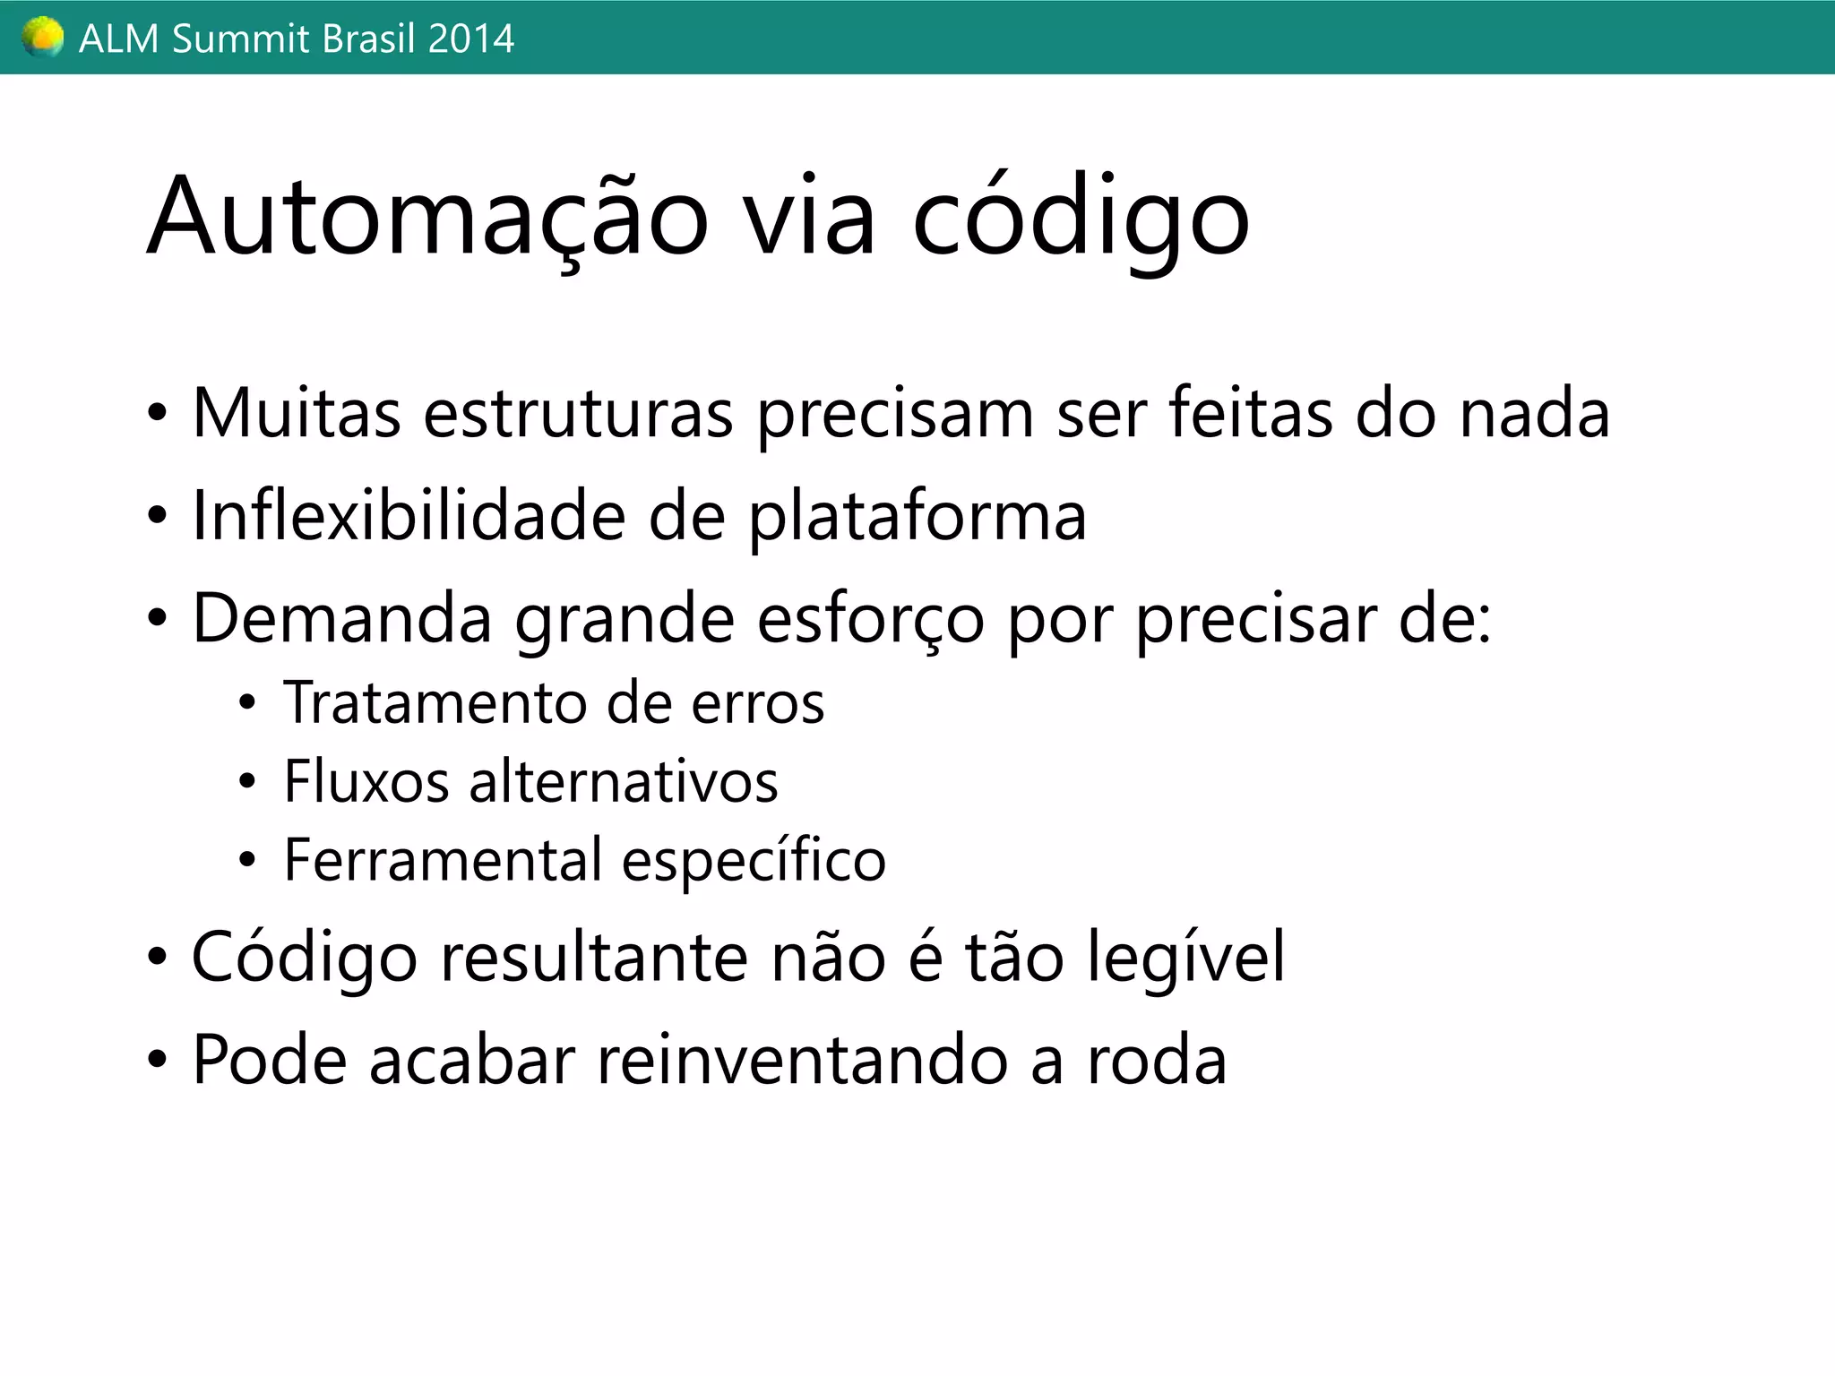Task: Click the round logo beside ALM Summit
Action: point(43,38)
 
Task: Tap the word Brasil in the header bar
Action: point(359,39)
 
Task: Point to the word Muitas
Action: point(297,413)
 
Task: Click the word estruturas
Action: point(578,415)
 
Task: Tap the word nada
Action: point(1534,413)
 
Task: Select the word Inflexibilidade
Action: point(409,516)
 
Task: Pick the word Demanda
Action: point(342,618)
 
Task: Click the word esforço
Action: point(870,620)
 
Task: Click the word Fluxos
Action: point(366,781)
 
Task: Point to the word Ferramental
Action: point(443,860)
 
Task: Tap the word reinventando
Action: point(802,1060)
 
